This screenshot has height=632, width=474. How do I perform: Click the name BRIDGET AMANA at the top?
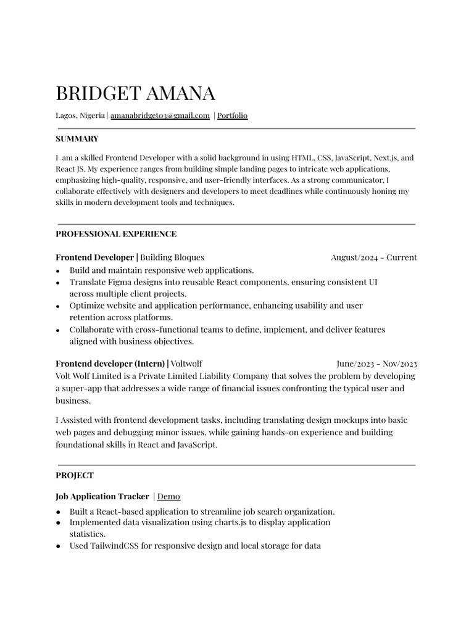[135, 93]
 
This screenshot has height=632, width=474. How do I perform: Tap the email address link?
[160, 115]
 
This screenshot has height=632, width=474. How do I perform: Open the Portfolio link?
[232, 115]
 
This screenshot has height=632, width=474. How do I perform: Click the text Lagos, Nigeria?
[80, 115]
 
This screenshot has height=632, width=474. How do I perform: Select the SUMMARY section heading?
[77, 139]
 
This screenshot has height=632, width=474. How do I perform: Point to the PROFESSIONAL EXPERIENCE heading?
[116, 234]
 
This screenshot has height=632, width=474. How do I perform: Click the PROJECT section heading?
[75, 475]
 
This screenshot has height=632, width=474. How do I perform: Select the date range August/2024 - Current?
[373, 257]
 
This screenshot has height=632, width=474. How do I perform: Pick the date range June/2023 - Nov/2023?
[376, 364]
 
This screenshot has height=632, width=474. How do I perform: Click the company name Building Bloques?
[172, 257]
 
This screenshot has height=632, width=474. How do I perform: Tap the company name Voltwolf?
[186, 364]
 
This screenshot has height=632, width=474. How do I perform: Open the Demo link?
[168, 496]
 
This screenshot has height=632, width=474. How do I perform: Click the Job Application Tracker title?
[102, 496]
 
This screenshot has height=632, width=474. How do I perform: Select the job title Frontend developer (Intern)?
[110, 364]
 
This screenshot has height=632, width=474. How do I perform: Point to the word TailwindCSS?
[114, 546]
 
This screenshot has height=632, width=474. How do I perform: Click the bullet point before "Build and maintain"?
[58, 271]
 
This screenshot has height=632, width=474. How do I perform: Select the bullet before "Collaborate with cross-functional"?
[58, 330]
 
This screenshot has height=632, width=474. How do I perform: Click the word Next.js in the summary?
[386, 157]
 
